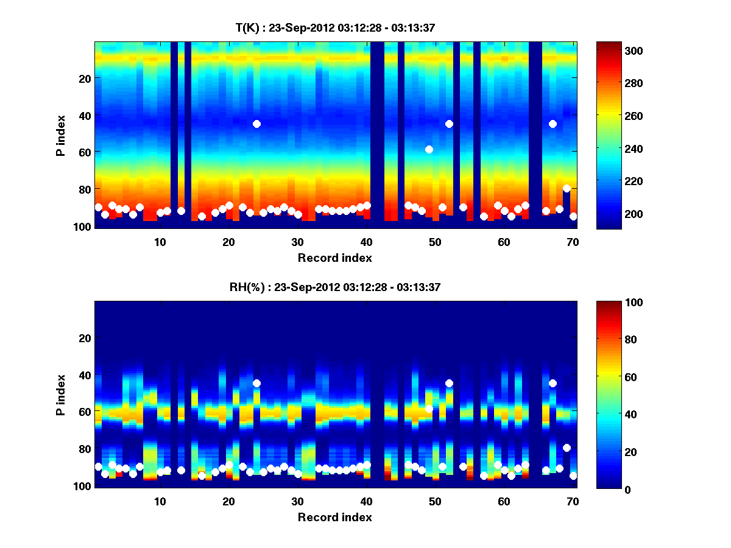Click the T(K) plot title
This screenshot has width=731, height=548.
tap(335, 27)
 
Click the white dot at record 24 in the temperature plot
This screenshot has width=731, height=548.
tap(256, 124)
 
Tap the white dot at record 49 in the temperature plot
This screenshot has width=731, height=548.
tap(429, 149)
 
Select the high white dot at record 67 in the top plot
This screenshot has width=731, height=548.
tap(553, 124)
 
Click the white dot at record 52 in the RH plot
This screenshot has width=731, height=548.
tap(449, 383)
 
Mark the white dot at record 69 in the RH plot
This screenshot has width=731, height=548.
tap(567, 448)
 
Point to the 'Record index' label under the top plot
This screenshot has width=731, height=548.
tap(334, 258)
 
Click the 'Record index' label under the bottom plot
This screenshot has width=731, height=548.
tap(334, 517)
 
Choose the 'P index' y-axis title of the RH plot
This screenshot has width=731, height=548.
tap(60, 395)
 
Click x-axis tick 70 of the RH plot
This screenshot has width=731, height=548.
tap(573, 501)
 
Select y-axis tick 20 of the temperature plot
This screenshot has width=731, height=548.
tap(85, 78)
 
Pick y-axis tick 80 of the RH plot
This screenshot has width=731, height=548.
tap(85, 449)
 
